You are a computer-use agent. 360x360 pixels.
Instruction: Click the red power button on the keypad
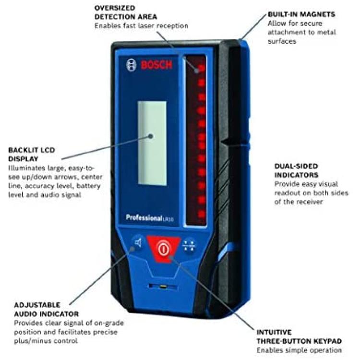[163, 249]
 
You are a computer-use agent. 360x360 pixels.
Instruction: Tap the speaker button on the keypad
[138, 243]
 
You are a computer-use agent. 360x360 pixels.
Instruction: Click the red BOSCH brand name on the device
[156, 65]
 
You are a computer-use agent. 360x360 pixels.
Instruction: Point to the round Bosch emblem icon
[131, 65]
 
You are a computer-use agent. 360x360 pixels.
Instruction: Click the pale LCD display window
[152, 143]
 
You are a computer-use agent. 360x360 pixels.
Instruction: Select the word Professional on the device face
[144, 217]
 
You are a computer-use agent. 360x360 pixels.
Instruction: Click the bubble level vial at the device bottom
[163, 286]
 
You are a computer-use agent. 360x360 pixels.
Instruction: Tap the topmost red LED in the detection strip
[201, 68]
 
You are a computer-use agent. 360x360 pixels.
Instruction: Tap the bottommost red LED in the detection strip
[202, 214]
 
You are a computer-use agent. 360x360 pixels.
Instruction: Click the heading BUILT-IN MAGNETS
[301, 14]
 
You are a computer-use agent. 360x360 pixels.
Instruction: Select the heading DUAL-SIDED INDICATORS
[297, 170]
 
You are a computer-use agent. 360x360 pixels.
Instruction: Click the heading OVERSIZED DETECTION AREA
[126, 12]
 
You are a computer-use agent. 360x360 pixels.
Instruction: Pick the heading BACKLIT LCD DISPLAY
[32, 155]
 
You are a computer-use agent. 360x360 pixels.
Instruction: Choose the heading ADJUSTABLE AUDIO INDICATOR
[47, 310]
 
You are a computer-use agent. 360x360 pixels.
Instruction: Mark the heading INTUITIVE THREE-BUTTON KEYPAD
[299, 337]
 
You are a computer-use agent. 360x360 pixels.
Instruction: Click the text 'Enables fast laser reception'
[142, 26]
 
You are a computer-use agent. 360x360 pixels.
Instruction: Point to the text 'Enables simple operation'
[299, 350]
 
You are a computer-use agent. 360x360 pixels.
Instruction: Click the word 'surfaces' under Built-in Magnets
[282, 41]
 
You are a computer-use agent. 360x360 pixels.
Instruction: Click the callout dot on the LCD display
[151, 136]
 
